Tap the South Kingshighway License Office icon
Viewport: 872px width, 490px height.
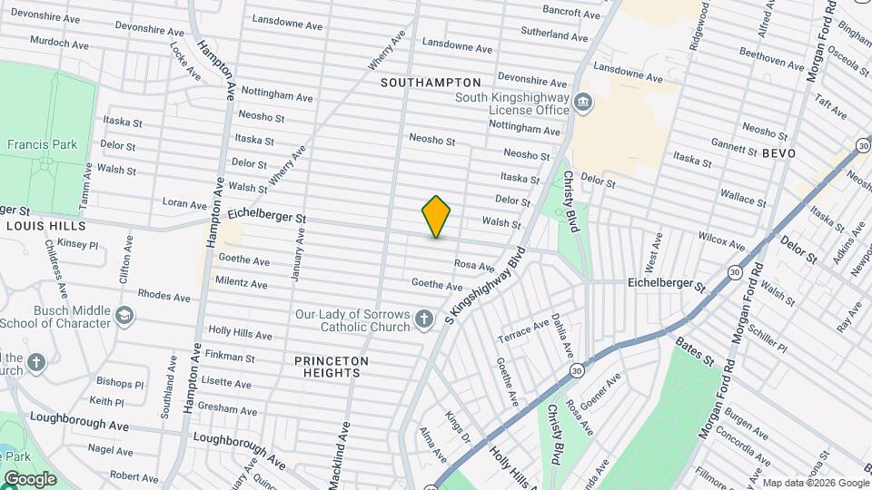click(583, 103)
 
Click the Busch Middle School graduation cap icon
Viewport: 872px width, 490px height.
click(124, 316)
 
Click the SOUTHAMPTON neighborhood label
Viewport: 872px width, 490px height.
click(431, 83)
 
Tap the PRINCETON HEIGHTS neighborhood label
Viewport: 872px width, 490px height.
click(332, 367)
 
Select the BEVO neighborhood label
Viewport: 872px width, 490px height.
click(778, 153)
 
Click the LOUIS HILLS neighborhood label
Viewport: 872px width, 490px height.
click(45, 225)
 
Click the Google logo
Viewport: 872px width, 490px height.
click(29, 478)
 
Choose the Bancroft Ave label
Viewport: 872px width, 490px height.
click(571, 14)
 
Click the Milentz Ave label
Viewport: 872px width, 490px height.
click(241, 283)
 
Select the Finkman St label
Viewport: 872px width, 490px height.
click(230, 358)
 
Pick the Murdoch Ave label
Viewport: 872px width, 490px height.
click(59, 43)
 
